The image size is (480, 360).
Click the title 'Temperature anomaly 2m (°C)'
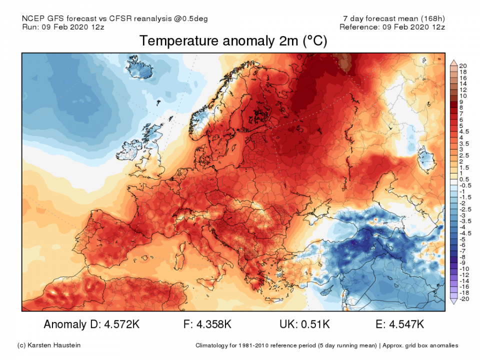pos(233,41)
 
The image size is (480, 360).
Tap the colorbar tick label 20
pos(462,66)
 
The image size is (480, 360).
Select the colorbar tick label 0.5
pos(463,179)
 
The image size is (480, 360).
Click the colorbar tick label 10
pos(462,95)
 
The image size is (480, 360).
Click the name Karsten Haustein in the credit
pos(56,345)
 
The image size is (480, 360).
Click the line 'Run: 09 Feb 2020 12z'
pos(63,26)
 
